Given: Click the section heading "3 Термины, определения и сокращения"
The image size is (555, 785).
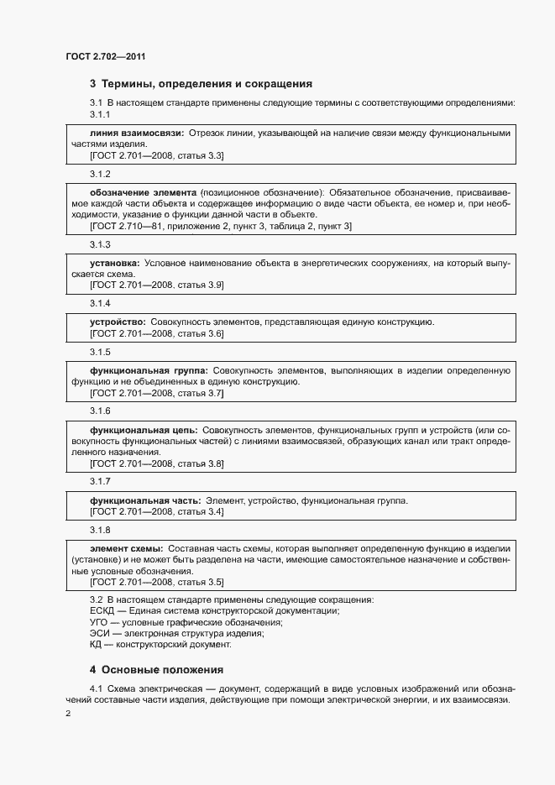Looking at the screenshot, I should pyautogui.click(x=201, y=84).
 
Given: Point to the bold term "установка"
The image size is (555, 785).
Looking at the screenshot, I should pyautogui.click(x=114, y=263).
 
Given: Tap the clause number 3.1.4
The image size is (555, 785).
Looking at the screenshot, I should pyautogui.click(x=100, y=303).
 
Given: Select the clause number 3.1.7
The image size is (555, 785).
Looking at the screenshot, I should pyautogui.click(x=100, y=482).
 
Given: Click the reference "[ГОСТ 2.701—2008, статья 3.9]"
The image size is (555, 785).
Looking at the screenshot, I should pyautogui.click(x=156, y=285).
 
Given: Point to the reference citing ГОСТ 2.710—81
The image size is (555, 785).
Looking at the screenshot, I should pyautogui.click(x=220, y=226).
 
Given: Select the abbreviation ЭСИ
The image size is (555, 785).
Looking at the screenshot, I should pyautogui.click(x=99, y=634).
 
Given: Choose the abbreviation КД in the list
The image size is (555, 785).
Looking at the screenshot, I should pyautogui.click(x=96, y=645).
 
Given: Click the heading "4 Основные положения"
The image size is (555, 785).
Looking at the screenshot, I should pyautogui.click(x=156, y=670).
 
